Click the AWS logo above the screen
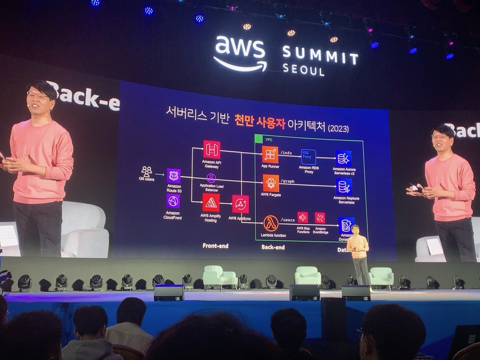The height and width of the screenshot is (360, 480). click(240, 53)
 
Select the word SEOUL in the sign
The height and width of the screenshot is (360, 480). click(303, 70)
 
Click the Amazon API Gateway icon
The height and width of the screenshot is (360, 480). click(212, 150)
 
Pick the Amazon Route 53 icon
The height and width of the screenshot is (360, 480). click(173, 176)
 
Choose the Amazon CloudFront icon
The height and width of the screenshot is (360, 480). click(173, 201)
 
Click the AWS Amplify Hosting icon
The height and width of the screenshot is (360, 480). click(211, 203)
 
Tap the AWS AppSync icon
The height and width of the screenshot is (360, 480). click(240, 204)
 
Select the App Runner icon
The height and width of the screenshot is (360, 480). click(270, 154)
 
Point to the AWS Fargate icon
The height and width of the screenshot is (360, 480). click(271, 183)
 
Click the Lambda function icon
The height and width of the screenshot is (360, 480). click(271, 223)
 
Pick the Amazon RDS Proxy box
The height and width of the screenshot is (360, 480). click(309, 157)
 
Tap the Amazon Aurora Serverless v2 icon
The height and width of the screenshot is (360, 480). click(343, 157)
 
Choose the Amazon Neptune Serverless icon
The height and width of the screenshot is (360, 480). click(344, 187)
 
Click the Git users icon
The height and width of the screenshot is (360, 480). click(147, 171)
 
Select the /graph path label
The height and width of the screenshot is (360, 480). click(288, 180)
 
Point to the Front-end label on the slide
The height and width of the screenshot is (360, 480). click(215, 246)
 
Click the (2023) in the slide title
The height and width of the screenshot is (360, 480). click(338, 129)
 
